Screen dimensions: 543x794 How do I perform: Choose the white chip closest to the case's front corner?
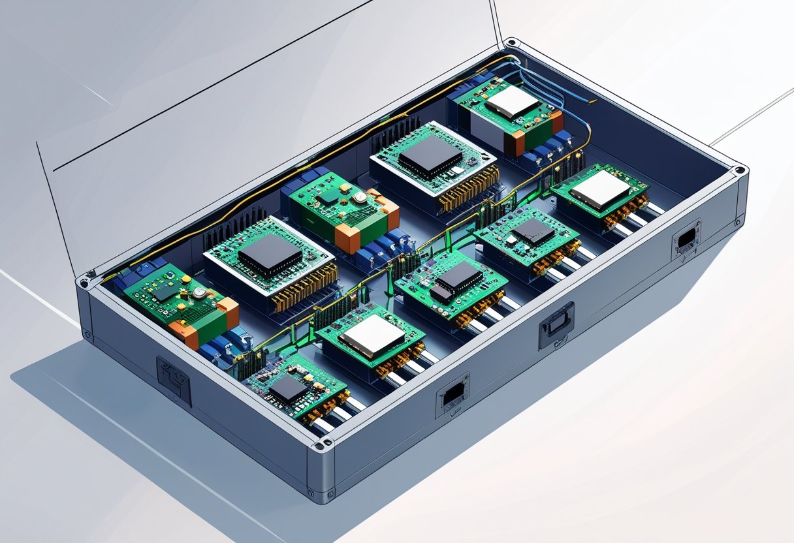point(373,336)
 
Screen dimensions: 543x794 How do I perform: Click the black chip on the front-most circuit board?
point(288,389)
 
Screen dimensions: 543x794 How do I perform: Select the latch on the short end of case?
point(174,381)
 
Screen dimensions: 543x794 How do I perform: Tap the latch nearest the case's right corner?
point(686,240)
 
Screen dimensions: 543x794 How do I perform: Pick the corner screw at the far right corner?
point(739,171)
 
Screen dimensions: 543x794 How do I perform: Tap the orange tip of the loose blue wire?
point(593,102)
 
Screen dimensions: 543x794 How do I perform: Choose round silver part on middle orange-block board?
point(358,197)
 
